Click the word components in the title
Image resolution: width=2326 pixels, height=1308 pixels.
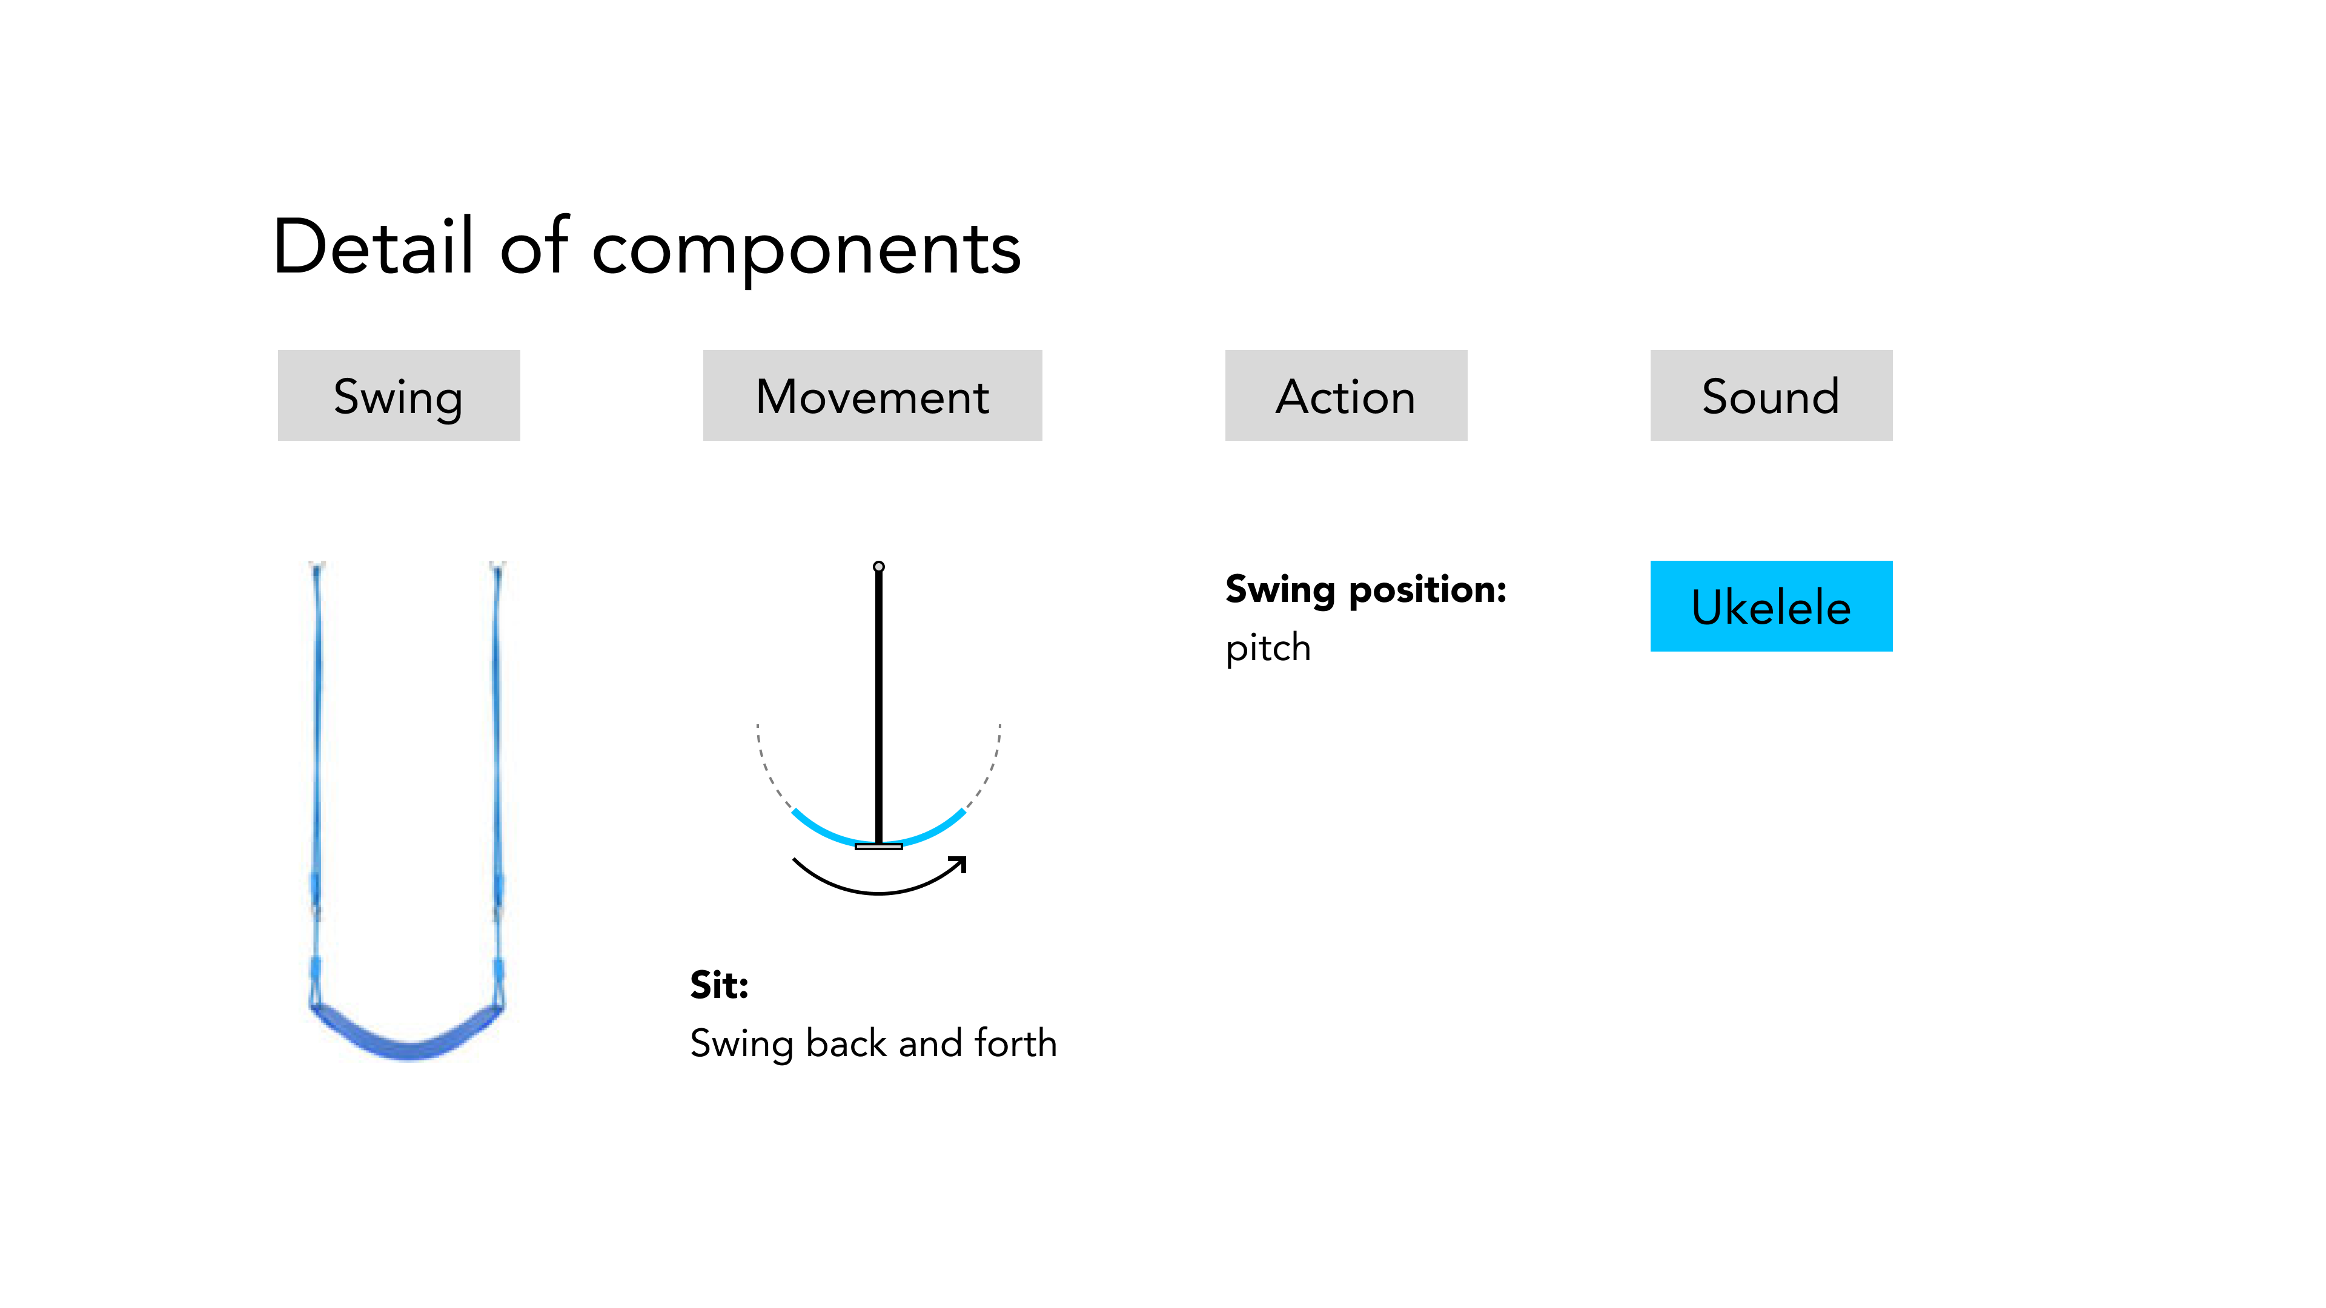coord(806,250)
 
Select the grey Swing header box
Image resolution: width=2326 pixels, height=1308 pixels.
coord(399,395)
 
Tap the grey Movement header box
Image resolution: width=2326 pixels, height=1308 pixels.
coord(872,395)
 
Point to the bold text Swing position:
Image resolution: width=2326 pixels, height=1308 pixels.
coord(1366,591)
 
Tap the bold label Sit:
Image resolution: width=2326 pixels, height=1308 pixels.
coord(720,985)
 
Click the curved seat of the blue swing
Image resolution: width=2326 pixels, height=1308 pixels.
coord(407,1034)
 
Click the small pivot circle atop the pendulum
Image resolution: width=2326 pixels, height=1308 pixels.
coord(878,567)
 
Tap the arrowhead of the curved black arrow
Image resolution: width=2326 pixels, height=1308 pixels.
coord(958,864)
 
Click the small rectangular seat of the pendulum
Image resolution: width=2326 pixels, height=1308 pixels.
coord(878,847)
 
